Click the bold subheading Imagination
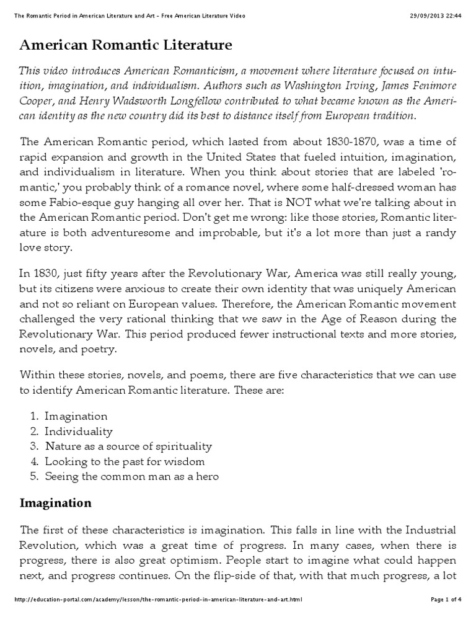[56, 503]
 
